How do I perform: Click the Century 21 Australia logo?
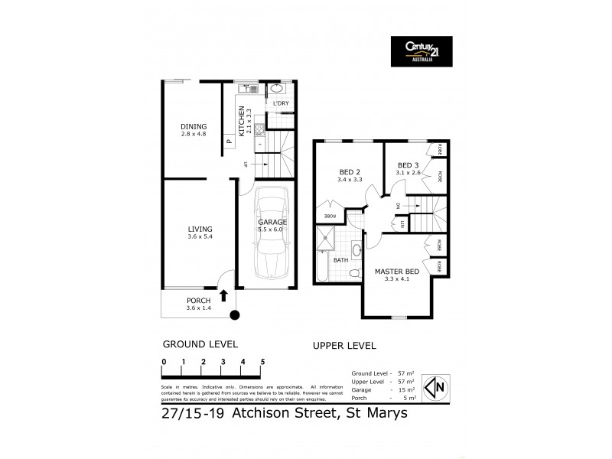coord(421,51)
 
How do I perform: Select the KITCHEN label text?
coord(242,121)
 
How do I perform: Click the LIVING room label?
coord(200,229)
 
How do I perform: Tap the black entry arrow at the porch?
coord(223,295)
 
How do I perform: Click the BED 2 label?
coord(349,171)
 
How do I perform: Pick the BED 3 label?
coord(408,165)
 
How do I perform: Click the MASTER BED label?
coord(396,272)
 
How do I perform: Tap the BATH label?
coord(340,260)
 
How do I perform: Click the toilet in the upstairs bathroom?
coord(355,250)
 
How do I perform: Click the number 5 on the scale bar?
coord(262,361)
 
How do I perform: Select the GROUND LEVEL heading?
coord(200,344)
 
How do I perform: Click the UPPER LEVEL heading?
coord(344,346)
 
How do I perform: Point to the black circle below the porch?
coord(235,314)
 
